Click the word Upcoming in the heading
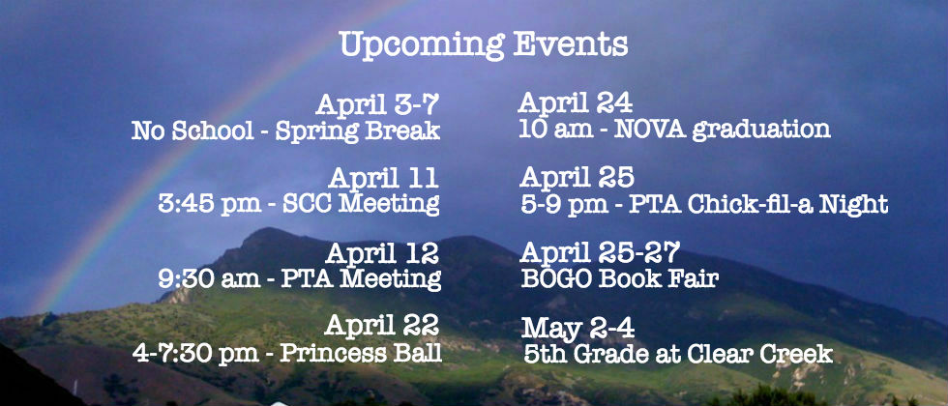pos(422,44)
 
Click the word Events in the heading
pos(570,43)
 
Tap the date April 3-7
pos(376,105)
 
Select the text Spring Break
pos(358,131)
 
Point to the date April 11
pos(383,178)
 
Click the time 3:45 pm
pos(210,204)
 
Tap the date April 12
pos(382,252)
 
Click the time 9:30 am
pos(210,278)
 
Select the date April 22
pos(381,327)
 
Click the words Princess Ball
pos(361,354)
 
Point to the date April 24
pos(575,102)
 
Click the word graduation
pos(761,130)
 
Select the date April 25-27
pos(600,252)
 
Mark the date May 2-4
pos(578,328)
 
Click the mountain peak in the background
pos(266,232)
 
